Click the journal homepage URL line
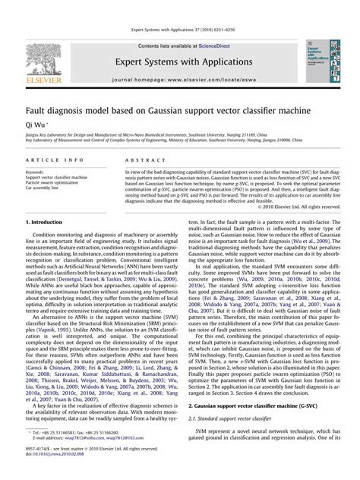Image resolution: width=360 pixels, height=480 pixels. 179,79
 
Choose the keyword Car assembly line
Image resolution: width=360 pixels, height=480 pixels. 42,188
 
